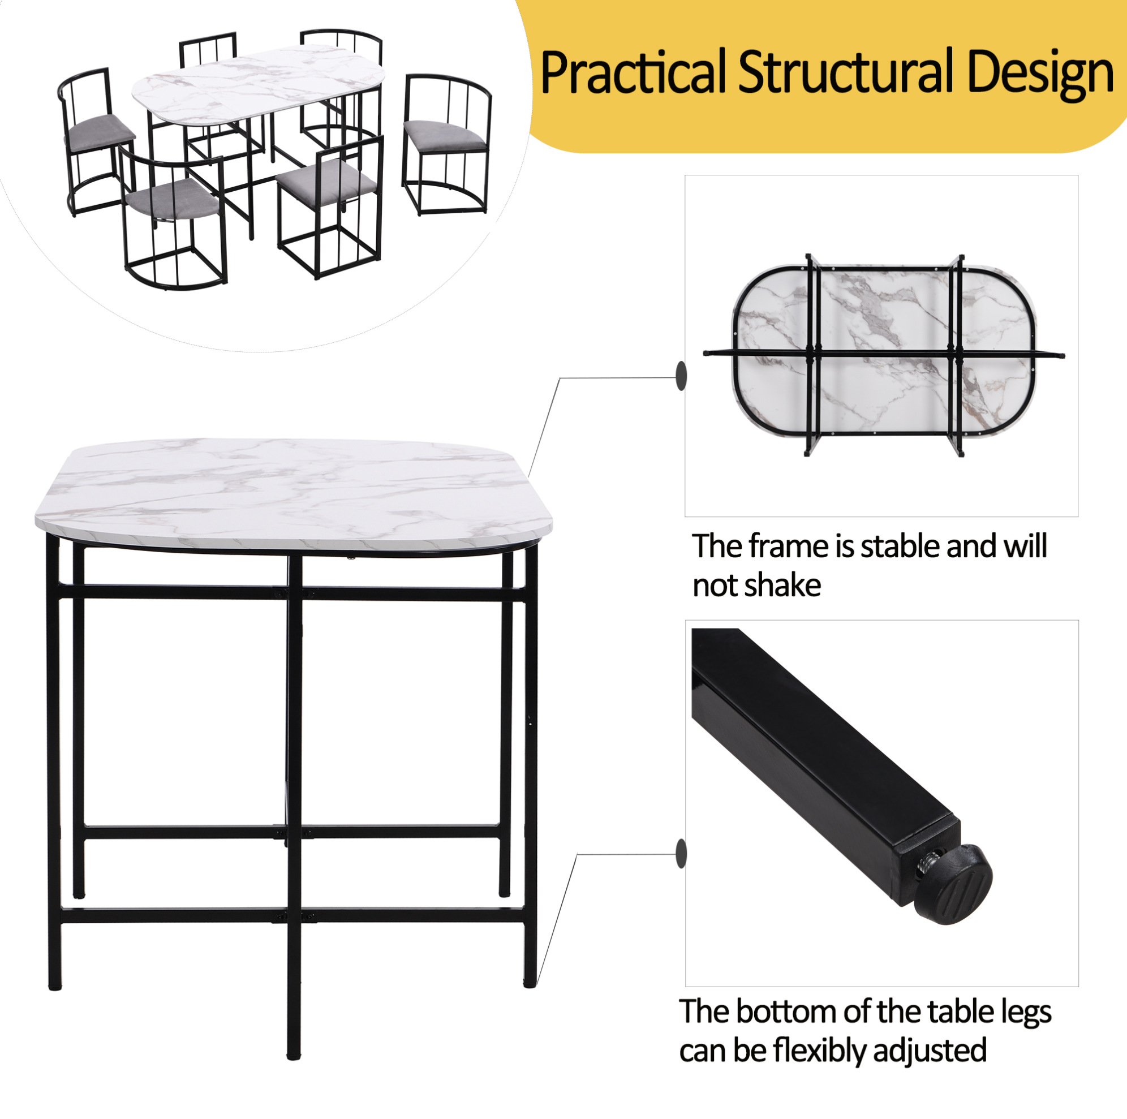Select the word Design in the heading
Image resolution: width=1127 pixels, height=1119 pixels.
[x=1040, y=75]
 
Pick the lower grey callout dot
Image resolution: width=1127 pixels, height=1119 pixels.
[x=681, y=854]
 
